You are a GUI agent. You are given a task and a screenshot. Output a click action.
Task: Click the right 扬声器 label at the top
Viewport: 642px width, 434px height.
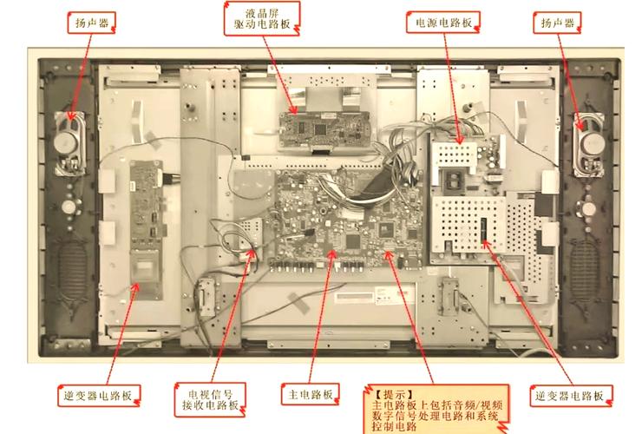click(x=560, y=25)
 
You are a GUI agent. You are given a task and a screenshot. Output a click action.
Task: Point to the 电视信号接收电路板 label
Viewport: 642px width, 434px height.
click(x=209, y=396)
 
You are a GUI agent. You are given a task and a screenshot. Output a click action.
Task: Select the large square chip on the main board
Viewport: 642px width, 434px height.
click(x=352, y=240)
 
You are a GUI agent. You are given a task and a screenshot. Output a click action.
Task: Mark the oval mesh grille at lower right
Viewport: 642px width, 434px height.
click(x=589, y=265)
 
